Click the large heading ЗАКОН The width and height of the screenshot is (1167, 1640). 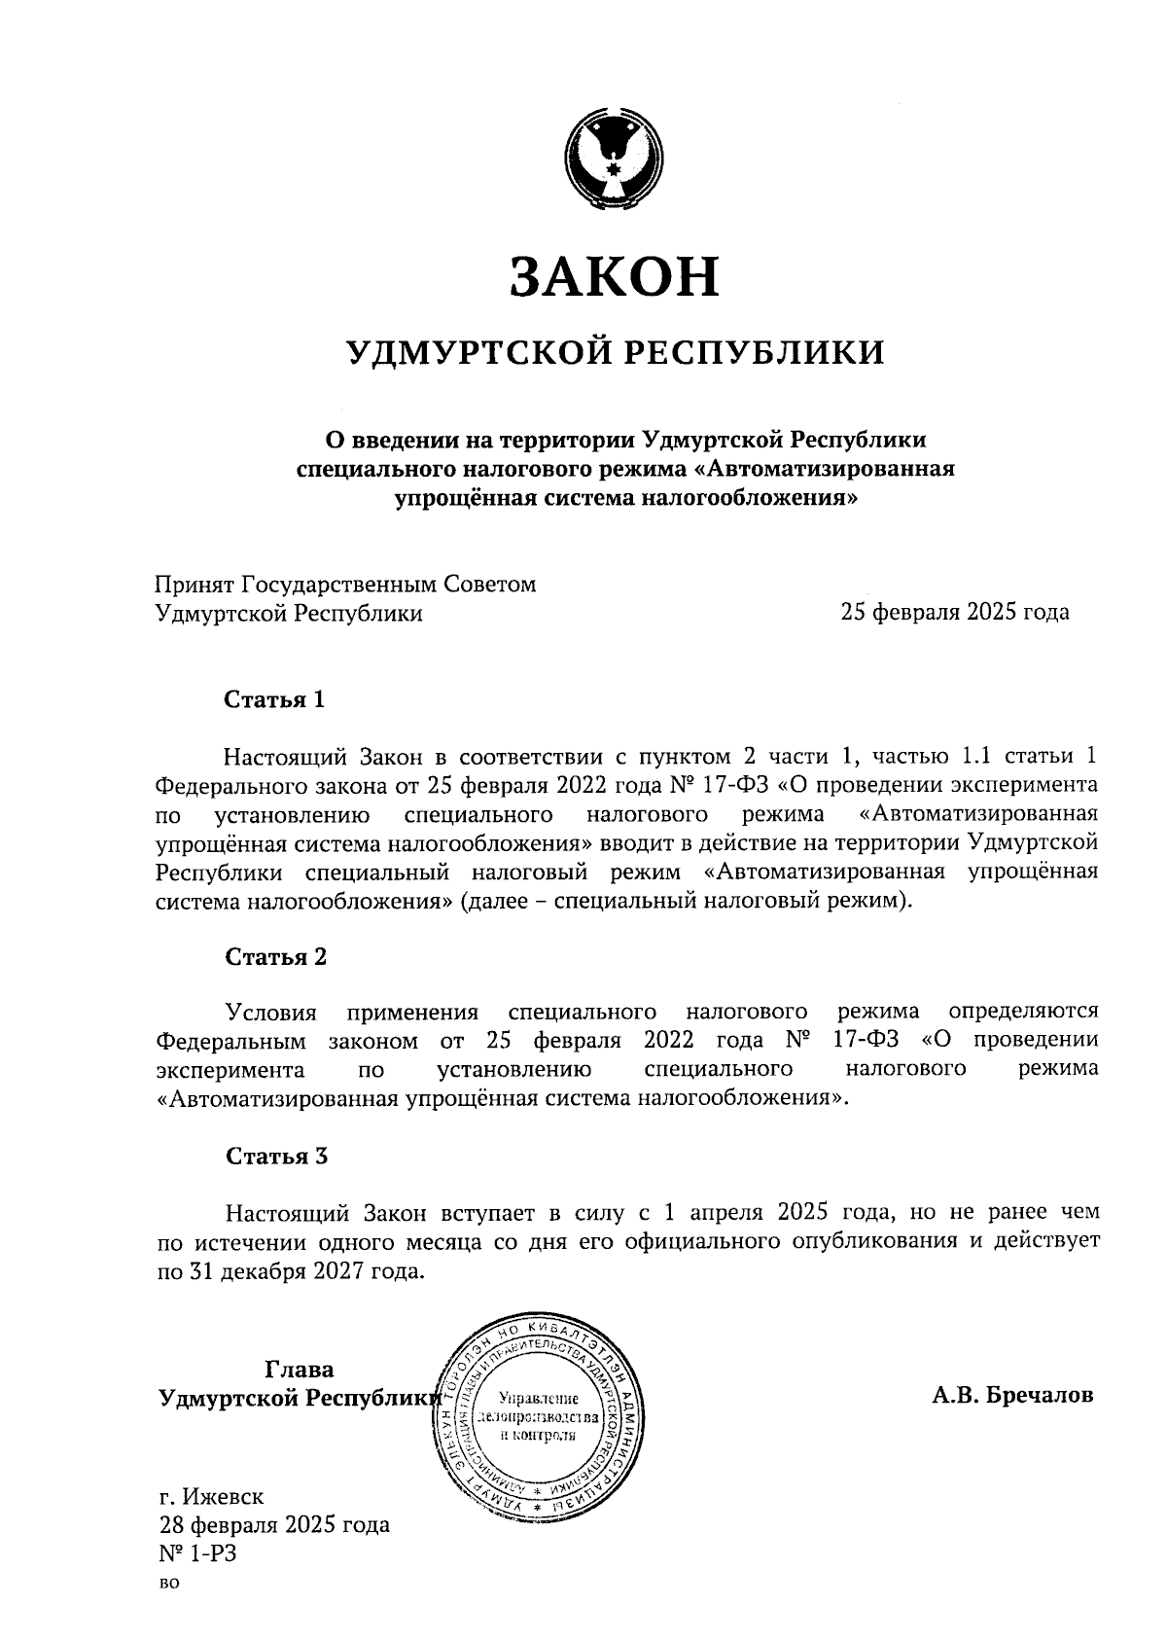[x=615, y=275]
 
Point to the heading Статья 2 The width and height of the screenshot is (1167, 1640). [x=275, y=956]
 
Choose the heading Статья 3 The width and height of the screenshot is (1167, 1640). [x=276, y=1156]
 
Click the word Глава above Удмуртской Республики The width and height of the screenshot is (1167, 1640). [x=299, y=1370]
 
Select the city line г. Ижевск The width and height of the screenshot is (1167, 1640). [x=210, y=1495]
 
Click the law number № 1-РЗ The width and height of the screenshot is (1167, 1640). [x=197, y=1553]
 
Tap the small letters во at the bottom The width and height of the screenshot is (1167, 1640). [x=168, y=1584]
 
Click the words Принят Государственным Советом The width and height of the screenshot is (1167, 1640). [x=345, y=584]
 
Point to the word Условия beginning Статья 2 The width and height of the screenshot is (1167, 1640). [x=271, y=1012]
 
